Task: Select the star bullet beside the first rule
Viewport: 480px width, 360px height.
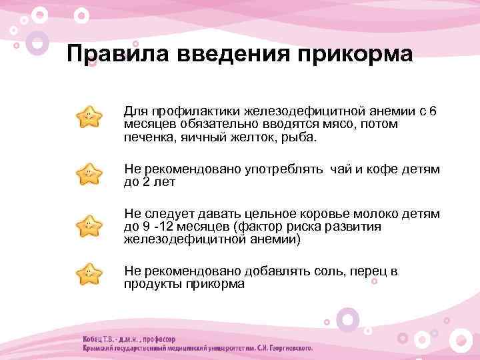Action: click(x=89, y=117)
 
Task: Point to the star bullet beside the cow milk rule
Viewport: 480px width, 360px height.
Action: click(x=89, y=225)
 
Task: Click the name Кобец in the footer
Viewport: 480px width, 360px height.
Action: click(x=95, y=337)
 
